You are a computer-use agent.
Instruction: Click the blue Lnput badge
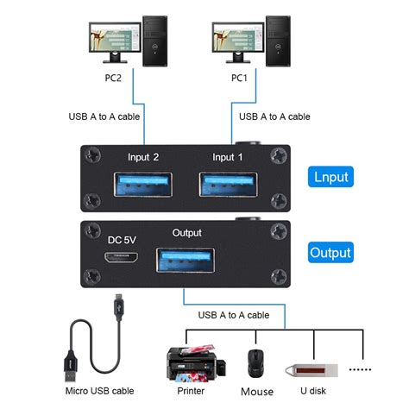point(330,178)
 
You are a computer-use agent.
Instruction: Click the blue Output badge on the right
point(330,253)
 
